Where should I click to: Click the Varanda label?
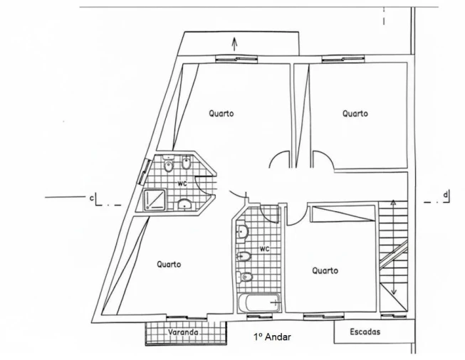coord(183,332)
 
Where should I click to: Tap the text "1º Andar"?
coord(272,337)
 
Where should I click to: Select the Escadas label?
coord(365,332)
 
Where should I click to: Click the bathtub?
coord(259,303)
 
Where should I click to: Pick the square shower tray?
coord(155,200)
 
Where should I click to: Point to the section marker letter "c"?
coord(92,198)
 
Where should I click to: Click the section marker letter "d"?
coord(445,195)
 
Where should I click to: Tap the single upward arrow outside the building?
coord(234,44)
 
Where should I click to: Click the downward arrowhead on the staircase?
coord(394,292)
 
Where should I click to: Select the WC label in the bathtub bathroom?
coord(264,249)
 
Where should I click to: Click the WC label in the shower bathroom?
coord(182,184)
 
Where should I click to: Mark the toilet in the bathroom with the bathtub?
coord(244,277)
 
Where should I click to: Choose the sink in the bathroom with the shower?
coord(185,204)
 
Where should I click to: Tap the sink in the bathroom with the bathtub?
coord(242,231)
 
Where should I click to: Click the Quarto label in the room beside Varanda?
coord(169,264)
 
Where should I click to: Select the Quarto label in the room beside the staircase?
coord(325,270)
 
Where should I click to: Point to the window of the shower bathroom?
coord(143,171)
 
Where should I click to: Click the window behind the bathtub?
coord(259,317)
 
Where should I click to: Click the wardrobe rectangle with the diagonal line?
coord(343,213)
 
